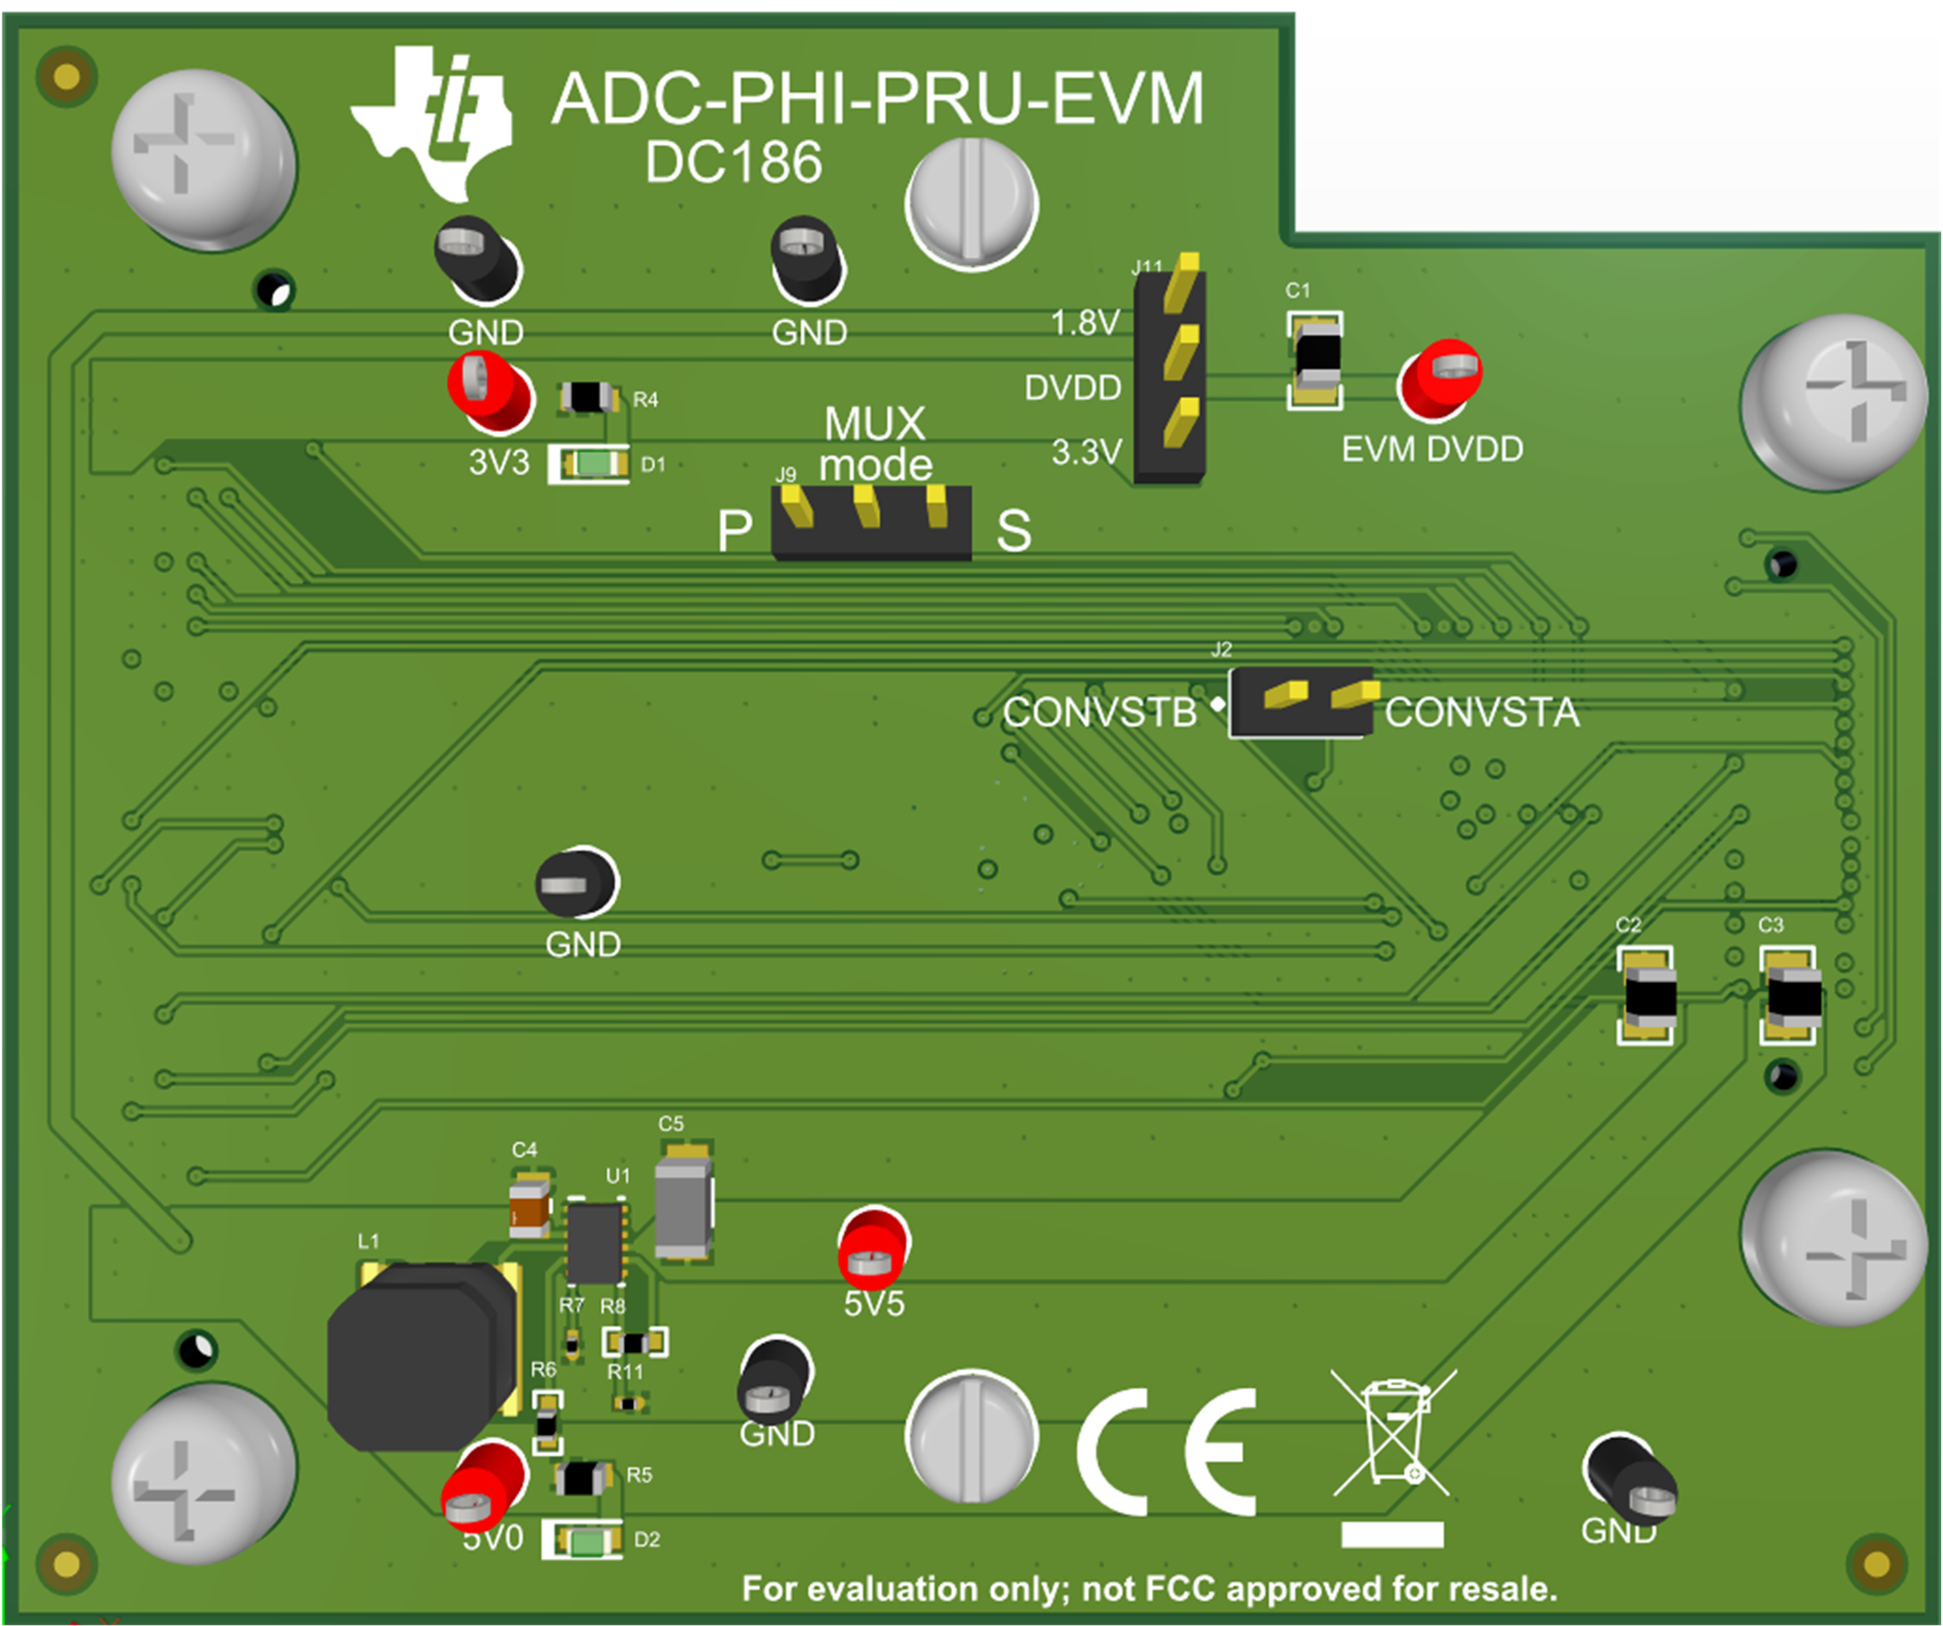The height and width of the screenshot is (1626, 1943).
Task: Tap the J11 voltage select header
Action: pyautogui.click(x=1170, y=375)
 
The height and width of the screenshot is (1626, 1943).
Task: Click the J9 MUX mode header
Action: pyautogui.click(x=871, y=523)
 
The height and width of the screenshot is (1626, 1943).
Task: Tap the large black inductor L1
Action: pyautogui.click(x=421, y=1356)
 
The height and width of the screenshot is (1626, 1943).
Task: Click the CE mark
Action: pyautogui.click(x=1166, y=1451)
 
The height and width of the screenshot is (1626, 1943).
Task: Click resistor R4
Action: pyautogui.click(x=588, y=398)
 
